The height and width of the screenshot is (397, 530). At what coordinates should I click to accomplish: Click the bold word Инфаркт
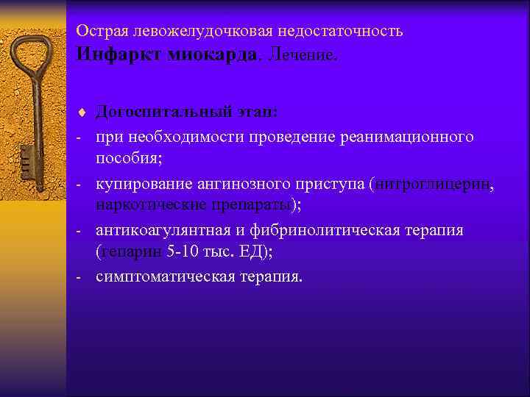pos(119,56)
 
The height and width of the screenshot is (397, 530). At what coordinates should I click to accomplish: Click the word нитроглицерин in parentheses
pos(434,184)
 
